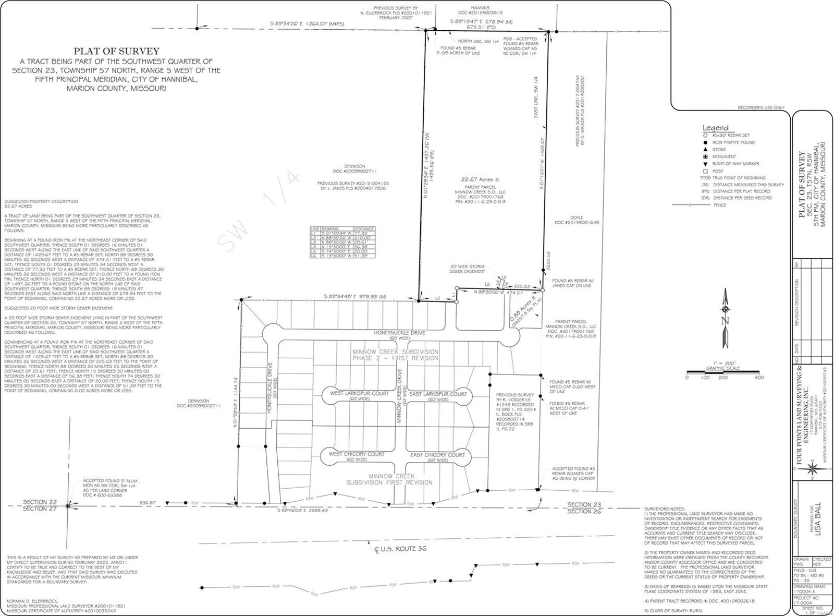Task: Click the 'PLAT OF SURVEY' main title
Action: coord(116,51)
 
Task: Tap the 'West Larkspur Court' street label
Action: coord(359,393)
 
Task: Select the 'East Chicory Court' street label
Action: coord(437,455)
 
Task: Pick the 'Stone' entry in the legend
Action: coord(719,150)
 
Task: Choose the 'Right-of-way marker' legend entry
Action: coord(735,164)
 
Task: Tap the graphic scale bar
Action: coord(722,372)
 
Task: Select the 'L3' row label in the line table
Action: coord(314,243)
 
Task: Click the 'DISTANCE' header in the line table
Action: coord(363,229)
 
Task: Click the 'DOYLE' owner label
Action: coord(577,218)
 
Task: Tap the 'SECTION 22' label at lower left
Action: coord(40,502)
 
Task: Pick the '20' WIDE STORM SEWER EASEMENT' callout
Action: coord(468,269)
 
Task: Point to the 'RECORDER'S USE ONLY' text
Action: coord(761,107)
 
